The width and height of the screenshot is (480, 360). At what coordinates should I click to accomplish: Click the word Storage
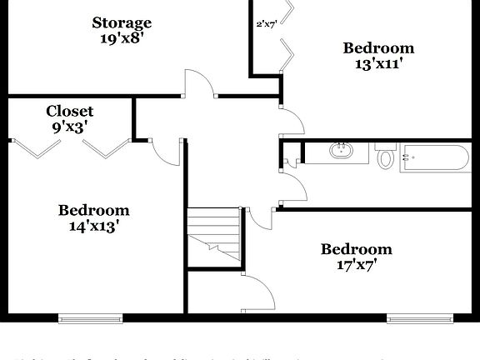[x=122, y=22]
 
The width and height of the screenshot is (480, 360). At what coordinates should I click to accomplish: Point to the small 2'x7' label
[x=266, y=24]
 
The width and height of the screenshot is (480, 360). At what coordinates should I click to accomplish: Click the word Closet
[x=69, y=111]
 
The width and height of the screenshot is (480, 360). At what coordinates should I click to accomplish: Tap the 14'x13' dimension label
[x=93, y=225]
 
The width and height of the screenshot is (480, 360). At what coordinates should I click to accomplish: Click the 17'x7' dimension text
[x=357, y=266]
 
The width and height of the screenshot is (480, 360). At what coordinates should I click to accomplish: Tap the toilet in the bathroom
[x=385, y=156]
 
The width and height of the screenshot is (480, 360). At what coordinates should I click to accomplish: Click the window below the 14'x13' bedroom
[x=90, y=317]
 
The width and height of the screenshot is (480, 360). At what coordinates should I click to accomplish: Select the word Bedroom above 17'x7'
[x=357, y=250]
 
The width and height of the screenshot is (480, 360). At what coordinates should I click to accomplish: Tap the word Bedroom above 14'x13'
[x=93, y=210]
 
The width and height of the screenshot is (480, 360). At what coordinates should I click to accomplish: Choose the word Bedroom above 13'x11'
[x=378, y=47]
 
